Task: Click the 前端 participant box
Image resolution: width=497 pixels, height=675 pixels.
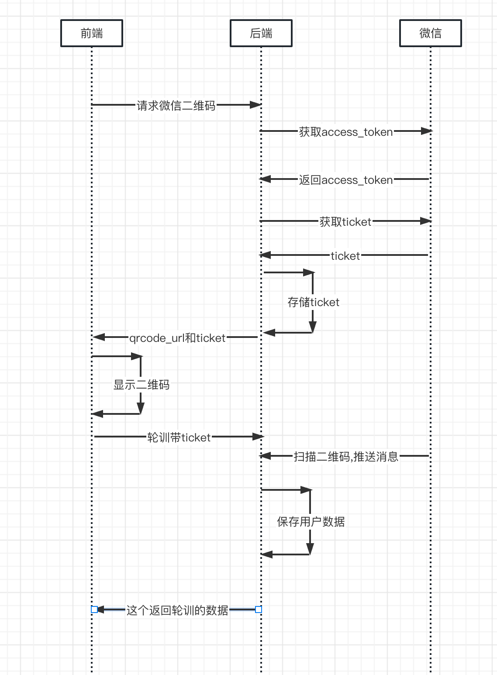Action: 92,33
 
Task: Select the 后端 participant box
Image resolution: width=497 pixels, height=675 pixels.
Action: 261,33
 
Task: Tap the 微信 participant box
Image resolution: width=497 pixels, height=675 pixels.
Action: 431,33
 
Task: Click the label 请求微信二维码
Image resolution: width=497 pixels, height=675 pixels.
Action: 176,106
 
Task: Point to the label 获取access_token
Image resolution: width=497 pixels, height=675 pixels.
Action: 345,132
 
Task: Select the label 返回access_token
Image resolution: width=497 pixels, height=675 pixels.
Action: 345,180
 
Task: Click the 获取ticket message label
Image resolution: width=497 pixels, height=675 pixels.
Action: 345,222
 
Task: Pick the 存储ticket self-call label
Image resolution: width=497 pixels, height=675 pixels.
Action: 313,302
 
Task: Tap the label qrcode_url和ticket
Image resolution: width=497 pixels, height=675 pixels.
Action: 177,338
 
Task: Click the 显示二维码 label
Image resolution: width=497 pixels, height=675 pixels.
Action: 141,385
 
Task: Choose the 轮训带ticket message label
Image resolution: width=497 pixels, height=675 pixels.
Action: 179,437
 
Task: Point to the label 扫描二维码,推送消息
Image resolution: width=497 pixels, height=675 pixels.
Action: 346,457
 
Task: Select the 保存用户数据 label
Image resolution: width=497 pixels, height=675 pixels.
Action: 311,522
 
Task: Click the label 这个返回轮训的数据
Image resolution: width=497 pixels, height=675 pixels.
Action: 177,610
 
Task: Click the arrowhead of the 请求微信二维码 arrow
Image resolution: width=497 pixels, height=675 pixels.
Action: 255,105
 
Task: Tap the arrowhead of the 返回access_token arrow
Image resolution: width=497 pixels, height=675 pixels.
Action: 265,179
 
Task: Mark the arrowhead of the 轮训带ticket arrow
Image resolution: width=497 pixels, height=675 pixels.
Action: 259,437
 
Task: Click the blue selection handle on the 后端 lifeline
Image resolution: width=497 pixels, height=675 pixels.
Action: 259,610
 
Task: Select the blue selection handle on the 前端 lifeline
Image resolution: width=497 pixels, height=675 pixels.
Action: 94,610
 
